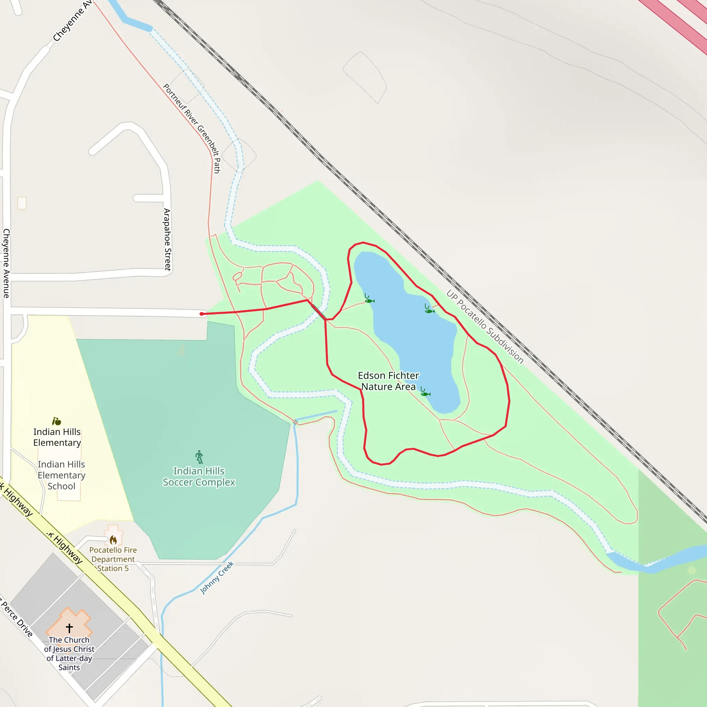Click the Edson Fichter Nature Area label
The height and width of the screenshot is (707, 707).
click(x=388, y=381)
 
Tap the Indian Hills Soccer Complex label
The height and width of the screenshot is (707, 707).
click(x=199, y=476)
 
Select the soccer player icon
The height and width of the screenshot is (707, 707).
click(x=199, y=457)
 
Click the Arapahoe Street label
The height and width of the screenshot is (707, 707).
click(x=167, y=239)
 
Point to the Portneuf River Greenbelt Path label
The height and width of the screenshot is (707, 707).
click(x=192, y=128)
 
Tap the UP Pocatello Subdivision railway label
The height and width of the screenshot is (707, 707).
click(x=485, y=327)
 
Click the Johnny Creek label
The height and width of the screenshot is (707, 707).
click(x=217, y=578)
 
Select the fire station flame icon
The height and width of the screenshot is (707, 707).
click(x=114, y=540)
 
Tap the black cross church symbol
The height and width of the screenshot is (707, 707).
click(x=69, y=628)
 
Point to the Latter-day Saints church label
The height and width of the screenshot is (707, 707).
click(x=69, y=653)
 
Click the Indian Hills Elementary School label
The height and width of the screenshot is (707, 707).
click(x=61, y=475)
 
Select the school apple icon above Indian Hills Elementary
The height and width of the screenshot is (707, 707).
click(x=56, y=421)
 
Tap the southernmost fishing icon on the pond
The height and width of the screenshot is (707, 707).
click(x=425, y=393)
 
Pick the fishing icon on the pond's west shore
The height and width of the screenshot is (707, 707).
click(x=369, y=300)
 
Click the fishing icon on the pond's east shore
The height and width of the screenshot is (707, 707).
click(x=429, y=310)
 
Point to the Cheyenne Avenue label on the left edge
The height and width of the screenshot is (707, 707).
click(x=6, y=263)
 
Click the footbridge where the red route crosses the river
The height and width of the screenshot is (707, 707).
click(x=318, y=312)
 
